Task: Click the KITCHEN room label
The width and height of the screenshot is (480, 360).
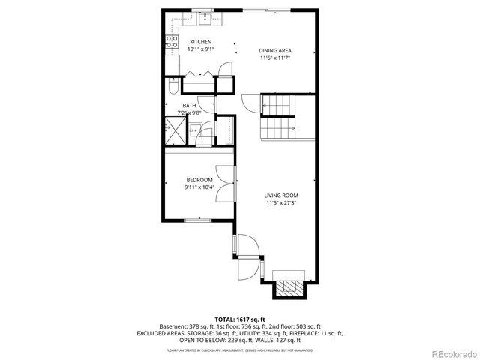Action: (x=200, y=42)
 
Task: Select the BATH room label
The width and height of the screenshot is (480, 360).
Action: (x=189, y=106)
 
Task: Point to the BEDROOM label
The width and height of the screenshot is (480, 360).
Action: (x=199, y=180)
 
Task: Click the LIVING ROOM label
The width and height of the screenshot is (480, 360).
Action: (x=281, y=195)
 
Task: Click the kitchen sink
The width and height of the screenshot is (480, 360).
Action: (x=202, y=13)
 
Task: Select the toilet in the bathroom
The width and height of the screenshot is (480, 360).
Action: (x=172, y=88)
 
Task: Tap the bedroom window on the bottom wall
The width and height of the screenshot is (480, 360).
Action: (x=197, y=220)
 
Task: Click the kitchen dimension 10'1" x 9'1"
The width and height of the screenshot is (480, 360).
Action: (x=200, y=49)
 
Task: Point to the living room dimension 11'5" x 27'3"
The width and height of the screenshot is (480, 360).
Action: (x=281, y=202)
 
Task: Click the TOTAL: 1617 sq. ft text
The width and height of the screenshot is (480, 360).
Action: (x=239, y=319)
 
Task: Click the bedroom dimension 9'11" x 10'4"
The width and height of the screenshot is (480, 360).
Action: (x=199, y=187)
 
